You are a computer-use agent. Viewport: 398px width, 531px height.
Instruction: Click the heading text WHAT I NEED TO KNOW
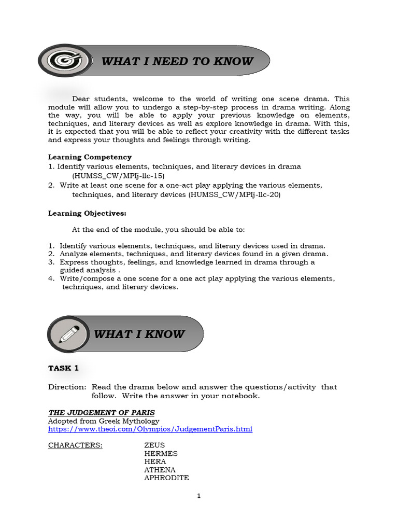(177, 61)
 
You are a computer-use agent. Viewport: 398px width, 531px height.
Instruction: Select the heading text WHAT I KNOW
(139, 334)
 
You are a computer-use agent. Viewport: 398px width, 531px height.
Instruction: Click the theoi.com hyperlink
(150, 429)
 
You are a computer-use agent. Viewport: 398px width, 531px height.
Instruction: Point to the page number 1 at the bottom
(198, 496)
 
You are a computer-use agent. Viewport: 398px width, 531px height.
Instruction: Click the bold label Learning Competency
(90, 157)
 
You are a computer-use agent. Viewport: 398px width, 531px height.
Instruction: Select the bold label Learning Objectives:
(87, 213)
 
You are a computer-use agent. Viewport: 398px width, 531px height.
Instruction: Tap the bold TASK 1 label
(63, 368)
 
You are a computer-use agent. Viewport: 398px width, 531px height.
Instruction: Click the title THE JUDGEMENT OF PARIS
(102, 413)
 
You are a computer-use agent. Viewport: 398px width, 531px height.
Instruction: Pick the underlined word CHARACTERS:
(75, 445)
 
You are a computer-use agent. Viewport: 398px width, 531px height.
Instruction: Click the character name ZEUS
(154, 445)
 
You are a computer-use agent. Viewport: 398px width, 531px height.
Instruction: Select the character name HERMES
(161, 453)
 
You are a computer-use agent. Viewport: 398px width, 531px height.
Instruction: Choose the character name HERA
(155, 462)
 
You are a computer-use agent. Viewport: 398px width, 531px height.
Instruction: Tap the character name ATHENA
(160, 470)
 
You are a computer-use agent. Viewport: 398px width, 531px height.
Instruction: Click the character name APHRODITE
(166, 478)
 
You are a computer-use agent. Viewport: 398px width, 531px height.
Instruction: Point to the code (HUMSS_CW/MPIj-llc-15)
(118, 176)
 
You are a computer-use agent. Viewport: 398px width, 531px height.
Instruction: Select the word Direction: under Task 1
(67, 387)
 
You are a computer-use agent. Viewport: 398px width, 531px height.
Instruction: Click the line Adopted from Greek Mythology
(104, 421)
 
